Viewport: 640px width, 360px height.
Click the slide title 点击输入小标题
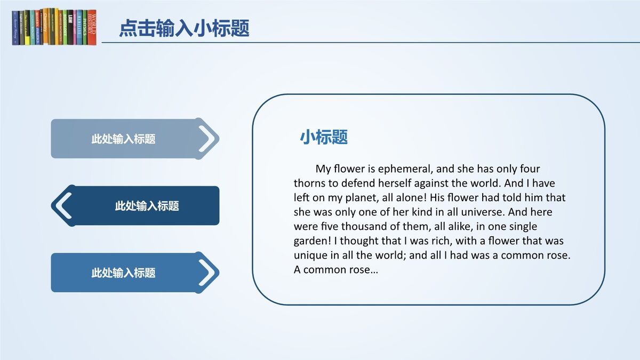pyautogui.click(x=184, y=28)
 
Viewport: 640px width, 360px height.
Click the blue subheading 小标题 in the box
pyautogui.click(x=324, y=137)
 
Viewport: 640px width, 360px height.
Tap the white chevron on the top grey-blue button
pyautogui.click(x=209, y=138)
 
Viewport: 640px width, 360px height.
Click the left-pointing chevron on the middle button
pyautogui.click(x=63, y=205)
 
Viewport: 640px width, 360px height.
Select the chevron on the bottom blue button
pyautogui.click(x=209, y=272)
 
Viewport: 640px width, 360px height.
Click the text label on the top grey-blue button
pyautogui.click(x=123, y=139)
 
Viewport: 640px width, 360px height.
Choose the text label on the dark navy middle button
pyautogui.click(x=147, y=206)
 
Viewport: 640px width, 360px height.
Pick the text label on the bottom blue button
pyautogui.click(x=123, y=273)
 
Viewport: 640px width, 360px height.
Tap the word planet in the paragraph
pyautogui.click(x=360, y=198)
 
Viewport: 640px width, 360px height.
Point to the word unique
pyautogui.click(x=310, y=255)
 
